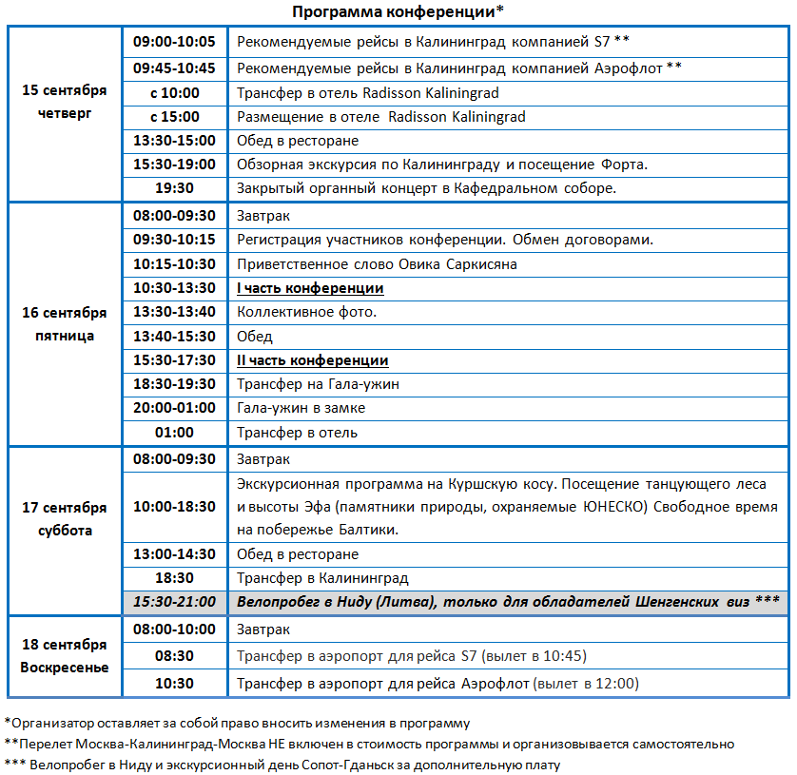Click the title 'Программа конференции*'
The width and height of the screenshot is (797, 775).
[x=398, y=11]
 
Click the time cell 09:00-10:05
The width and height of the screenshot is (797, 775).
[x=174, y=42]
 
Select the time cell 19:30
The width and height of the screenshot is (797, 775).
[x=174, y=188]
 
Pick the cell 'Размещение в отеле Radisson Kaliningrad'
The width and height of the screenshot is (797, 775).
[x=380, y=117]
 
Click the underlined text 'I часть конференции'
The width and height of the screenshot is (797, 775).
[x=310, y=288]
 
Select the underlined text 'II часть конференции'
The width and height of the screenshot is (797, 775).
[x=312, y=360]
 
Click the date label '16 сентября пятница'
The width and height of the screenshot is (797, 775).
[x=65, y=323]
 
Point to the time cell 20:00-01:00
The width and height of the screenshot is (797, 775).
[x=174, y=408]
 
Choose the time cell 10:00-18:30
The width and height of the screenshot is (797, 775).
[x=174, y=507]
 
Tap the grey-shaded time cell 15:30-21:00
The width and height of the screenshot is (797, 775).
[x=174, y=602]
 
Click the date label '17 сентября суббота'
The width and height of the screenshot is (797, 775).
[x=65, y=519]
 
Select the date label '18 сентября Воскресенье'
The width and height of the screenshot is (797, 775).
[x=65, y=656]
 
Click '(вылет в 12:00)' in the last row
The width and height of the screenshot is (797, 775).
[x=586, y=683]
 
